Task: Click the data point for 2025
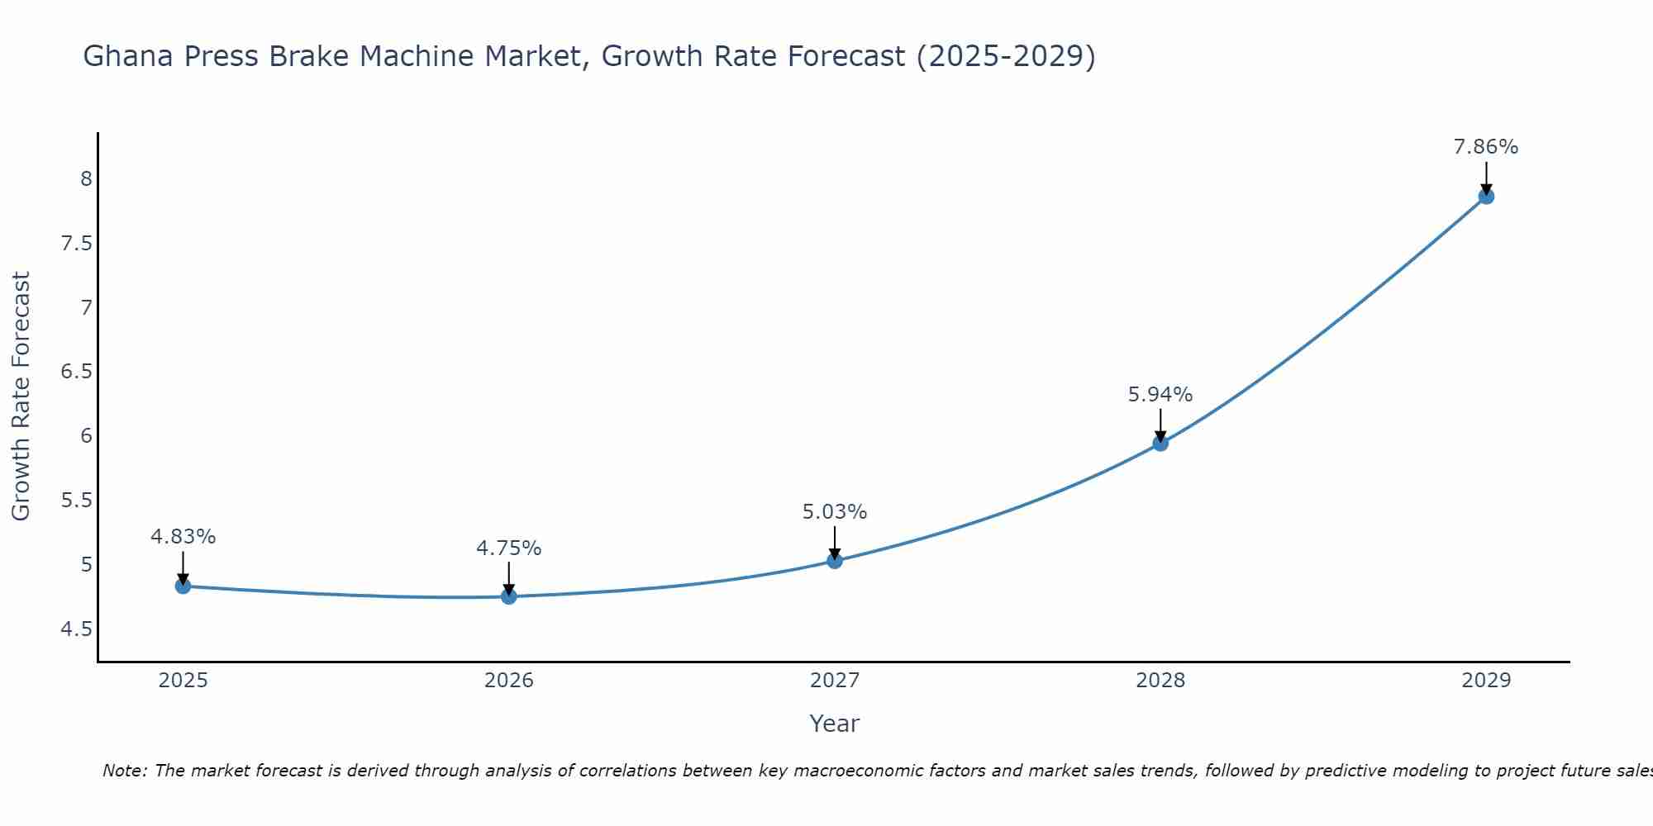(x=183, y=586)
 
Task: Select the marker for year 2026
(x=509, y=596)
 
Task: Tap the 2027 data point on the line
(x=835, y=561)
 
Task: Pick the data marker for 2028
(x=1160, y=444)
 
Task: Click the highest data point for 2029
(x=1486, y=197)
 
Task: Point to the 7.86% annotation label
(x=1486, y=147)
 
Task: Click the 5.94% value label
(x=1160, y=395)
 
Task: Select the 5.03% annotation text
(x=835, y=512)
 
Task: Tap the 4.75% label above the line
(x=509, y=548)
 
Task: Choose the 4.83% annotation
(x=183, y=537)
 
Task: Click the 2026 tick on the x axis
(x=509, y=681)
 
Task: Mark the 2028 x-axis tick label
(x=1160, y=681)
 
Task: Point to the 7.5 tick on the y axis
(x=76, y=244)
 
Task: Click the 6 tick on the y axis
(x=86, y=436)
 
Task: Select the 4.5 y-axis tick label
(x=76, y=629)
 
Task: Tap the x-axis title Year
(x=835, y=724)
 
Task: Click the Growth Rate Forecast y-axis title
(x=21, y=396)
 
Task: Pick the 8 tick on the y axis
(x=86, y=179)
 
